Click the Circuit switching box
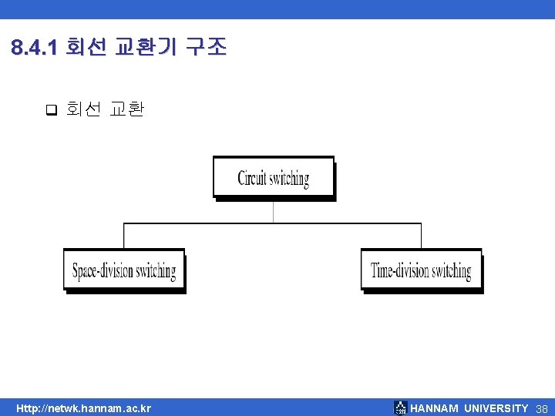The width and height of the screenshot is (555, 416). (x=274, y=177)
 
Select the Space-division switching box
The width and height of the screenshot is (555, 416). (x=123, y=270)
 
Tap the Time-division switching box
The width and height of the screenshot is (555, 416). (x=421, y=270)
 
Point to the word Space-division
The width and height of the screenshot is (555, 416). (x=103, y=271)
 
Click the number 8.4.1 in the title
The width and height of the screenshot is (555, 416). (x=35, y=48)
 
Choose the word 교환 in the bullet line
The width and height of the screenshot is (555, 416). (x=126, y=109)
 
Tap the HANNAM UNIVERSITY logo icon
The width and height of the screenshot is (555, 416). (x=400, y=408)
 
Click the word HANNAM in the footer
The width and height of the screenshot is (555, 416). (x=435, y=408)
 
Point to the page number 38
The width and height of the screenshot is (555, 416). (x=541, y=408)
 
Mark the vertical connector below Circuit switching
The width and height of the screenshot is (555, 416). (x=274, y=212)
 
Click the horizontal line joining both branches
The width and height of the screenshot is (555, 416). (x=273, y=223)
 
